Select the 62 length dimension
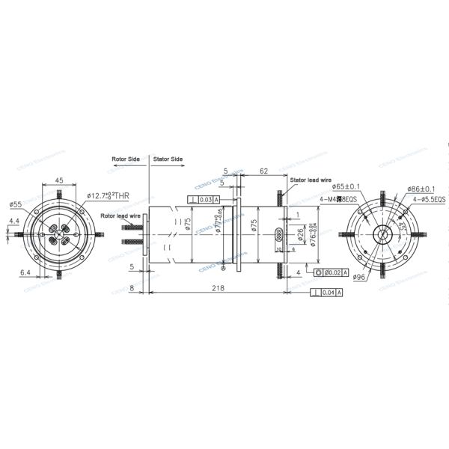click(x=264, y=171)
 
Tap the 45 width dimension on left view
click(x=58, y=180)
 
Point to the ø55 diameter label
click(x=15, y=204)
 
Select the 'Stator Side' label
click(x=168, y=159)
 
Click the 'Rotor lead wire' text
click(x=120, y=216)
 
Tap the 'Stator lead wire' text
click(x=308, y=180)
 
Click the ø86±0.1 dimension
click(x=423, y=189)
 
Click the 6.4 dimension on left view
click(x=25, y=272)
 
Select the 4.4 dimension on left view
click(x=14, y=221)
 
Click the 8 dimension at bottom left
click(x=132, y=287)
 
